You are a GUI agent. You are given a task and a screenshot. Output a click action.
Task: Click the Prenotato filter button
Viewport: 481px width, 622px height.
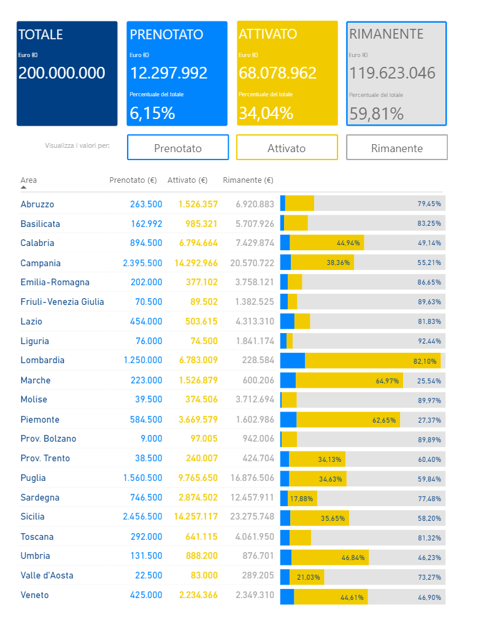[177, 148]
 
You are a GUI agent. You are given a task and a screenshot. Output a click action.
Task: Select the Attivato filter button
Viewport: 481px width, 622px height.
[287, 148]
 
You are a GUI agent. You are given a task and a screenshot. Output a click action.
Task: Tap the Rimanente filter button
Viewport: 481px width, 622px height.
[396, 148]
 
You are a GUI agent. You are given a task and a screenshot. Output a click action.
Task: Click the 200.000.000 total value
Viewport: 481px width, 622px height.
[61, 73]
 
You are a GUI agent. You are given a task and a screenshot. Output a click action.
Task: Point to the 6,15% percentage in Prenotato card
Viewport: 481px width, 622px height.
[152, 113]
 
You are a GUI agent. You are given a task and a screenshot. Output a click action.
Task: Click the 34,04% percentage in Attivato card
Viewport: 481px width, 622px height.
[266, 113]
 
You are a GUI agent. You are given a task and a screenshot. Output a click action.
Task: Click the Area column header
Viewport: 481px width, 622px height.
[28, 180]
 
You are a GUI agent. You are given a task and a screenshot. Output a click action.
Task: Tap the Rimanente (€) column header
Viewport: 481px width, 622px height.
[248, 180]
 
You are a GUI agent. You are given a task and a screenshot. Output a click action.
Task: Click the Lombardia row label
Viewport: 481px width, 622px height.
[42, 360]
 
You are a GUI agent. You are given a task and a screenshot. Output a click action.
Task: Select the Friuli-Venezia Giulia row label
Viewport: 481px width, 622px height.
[62, 301]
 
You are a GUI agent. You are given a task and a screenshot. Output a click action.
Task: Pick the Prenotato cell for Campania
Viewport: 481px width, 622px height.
[142, 263]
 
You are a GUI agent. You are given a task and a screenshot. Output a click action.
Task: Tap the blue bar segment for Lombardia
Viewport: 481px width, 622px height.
[293, 361]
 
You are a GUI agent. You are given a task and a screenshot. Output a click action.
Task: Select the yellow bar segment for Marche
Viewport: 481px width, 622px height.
[349, 380]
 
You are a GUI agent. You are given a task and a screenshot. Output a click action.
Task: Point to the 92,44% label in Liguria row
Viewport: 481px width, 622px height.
[429, 341]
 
